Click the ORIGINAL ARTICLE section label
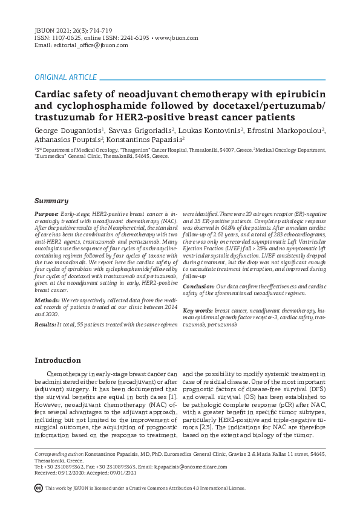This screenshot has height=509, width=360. click(x=65, y=77)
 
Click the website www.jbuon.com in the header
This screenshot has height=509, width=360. click(x=177, y=37)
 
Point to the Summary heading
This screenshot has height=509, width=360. click(x=51, y=201)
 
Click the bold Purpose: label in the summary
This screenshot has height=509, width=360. click(x=47, y=215)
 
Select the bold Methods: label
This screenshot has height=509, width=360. click(x=47, y=300)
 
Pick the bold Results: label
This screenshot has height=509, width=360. click(x=46, y=325)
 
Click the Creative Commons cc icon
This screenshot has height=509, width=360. click(x=38, y=487)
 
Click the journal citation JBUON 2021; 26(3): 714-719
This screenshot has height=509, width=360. click(x=74, y=30)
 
